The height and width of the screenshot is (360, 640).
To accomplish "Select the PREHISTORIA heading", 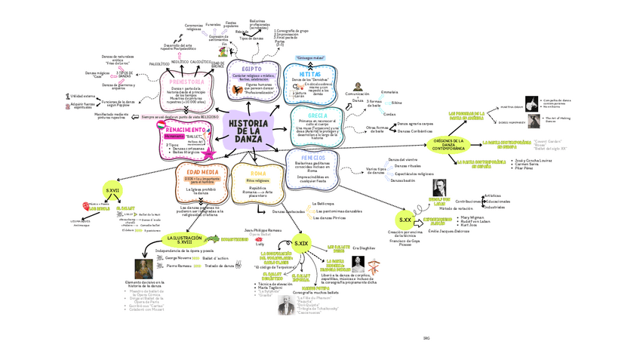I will (186, 82).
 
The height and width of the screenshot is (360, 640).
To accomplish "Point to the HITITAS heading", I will (310, 73).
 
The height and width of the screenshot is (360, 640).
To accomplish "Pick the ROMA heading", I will (259, 174).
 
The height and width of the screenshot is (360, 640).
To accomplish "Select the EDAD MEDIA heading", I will (198, 172).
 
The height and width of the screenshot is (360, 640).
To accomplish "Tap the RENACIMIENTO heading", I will (186, 129).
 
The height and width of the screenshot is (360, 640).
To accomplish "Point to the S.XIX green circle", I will (301, 243).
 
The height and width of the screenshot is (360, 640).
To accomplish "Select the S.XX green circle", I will (406, 218).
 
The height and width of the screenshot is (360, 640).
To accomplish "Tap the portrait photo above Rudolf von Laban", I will (438, 188).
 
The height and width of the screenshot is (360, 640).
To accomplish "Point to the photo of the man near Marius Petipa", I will (288, 304).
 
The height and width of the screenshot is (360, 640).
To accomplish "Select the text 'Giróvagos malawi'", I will (310, 57).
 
